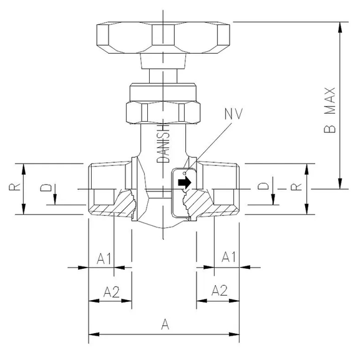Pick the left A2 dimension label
(x=110, y=290)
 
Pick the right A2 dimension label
(x=219, y=290)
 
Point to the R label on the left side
(x=18, y=185)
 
